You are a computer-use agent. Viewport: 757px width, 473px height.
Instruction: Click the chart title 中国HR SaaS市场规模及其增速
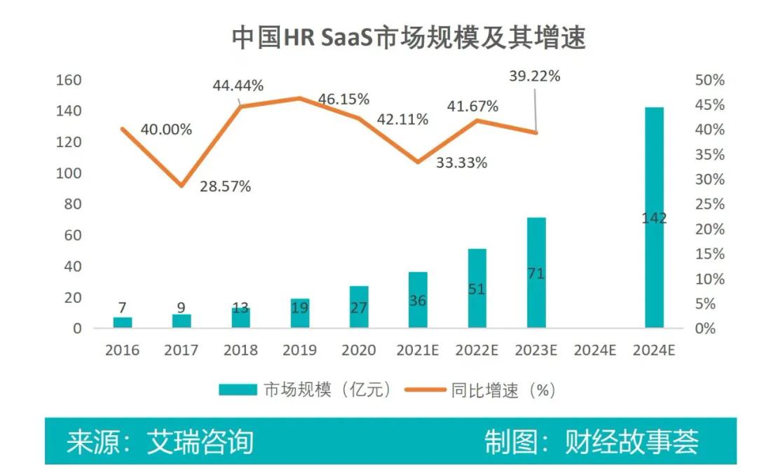click(x=408, y=39)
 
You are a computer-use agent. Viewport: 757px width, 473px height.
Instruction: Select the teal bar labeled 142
click(x=654, y=217)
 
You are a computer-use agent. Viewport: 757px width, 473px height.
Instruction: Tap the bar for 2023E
click(x=536, y=273)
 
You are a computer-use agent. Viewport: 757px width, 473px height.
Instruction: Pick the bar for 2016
click(x=123, y=322)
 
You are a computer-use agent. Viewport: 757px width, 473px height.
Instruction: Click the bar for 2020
click(x=359, y=307)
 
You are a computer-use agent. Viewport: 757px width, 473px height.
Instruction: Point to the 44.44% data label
click(x=238, y=86)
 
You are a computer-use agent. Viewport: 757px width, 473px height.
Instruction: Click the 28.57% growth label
click(x=225, y=187)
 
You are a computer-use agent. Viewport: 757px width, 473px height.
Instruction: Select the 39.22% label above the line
click(x=535, y=76)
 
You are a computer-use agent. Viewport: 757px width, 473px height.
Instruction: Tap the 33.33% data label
click(x=461, y=163)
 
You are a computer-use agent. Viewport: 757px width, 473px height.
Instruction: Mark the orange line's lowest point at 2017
click(x=182, y=186)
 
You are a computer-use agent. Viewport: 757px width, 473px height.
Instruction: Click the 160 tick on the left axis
click(x=69, y=80)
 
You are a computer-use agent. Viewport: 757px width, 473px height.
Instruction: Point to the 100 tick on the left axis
click(x=69, y=173)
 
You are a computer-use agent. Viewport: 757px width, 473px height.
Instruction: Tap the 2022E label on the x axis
click(x=477, y=350)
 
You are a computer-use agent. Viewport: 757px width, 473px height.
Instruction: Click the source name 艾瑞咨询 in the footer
click(x=200, y=442)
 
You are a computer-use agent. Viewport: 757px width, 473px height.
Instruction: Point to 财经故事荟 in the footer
click(x=632, y=442)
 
